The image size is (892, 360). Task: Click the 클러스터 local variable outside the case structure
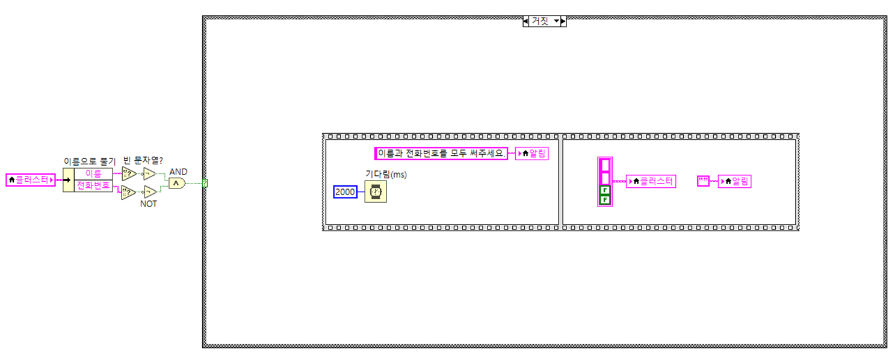(30, 180)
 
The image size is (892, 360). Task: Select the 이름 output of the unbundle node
(93, 174)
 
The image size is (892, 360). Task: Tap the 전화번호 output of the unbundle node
(93, 185)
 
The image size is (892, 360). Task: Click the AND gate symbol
(176, 183)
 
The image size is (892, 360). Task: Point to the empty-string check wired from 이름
(129, 174)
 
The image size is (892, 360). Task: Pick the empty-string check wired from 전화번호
(129, 193)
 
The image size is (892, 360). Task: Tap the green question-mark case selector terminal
(205, 183)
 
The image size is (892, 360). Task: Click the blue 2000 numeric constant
(345, 192)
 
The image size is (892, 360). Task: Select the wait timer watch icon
(376, 192)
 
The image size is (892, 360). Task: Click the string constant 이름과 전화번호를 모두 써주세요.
(441, 154)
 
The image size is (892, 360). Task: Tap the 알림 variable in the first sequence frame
(531, 154)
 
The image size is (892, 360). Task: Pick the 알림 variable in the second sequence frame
(734, 181)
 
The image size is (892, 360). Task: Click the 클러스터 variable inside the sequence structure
(651, 181)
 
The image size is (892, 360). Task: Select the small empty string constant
(703, 181)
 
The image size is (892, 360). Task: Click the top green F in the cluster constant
(605, 190)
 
